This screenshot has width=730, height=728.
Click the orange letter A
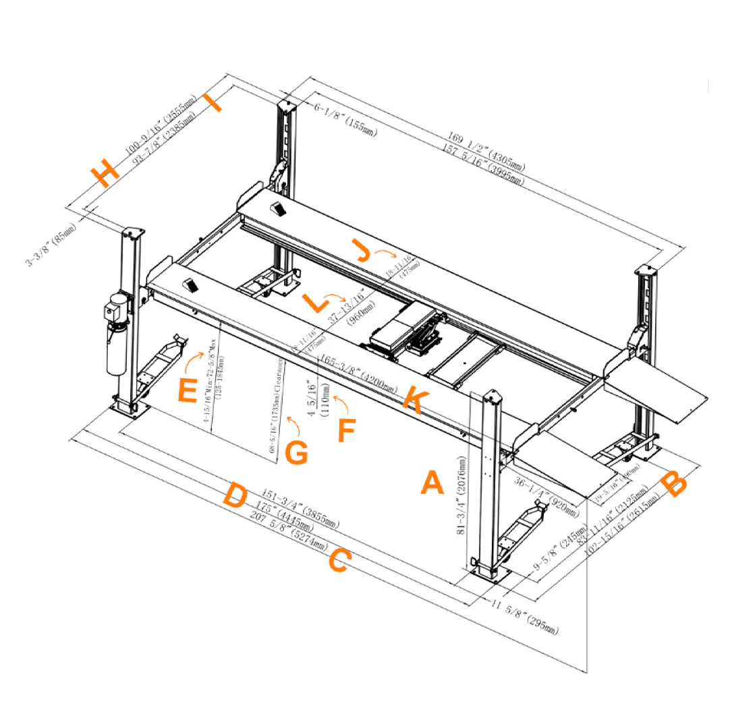click(x=432, y=483)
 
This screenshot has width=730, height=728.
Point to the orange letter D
click(x=235, y=496)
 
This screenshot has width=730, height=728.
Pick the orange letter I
click(x=213, y=103)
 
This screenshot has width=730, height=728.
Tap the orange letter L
click(x=315, y=302)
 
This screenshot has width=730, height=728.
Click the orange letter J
click(x=363, y=252)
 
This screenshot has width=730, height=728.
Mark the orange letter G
click(x=296, y=453)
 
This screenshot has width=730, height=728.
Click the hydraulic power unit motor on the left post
click(x=115, y=311)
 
